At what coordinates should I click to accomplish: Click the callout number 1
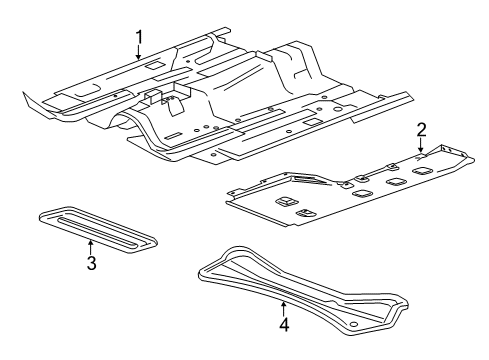click(x=140, y=37)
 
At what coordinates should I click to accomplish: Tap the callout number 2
click(x=422, y=128)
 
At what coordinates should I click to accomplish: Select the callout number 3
click(x=90, y=263)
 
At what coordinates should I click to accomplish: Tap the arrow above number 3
click(x=90, y=246)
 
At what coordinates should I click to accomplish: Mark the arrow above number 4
click(x=283, y=306)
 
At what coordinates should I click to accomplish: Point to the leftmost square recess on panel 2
click(x=285, y=204)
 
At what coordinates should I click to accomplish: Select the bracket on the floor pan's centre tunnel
click(x=165, y=99)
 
